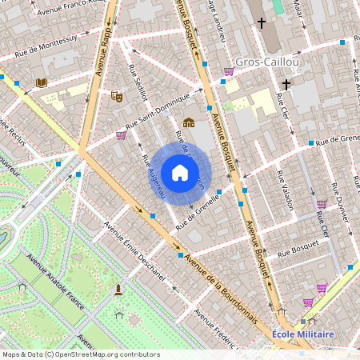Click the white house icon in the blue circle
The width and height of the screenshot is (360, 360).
pos(180,173)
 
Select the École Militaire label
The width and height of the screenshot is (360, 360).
pos(303,334)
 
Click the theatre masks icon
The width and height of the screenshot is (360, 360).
pos(116,96)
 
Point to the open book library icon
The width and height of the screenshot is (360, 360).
pos(42,82)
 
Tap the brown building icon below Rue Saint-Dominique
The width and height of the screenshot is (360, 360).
pos(189,122)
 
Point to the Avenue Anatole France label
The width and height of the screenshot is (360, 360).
pos(56,285)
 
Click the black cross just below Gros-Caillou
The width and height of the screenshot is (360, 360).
pos(286,84)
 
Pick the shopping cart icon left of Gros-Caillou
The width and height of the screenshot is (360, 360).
pos(229,71)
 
